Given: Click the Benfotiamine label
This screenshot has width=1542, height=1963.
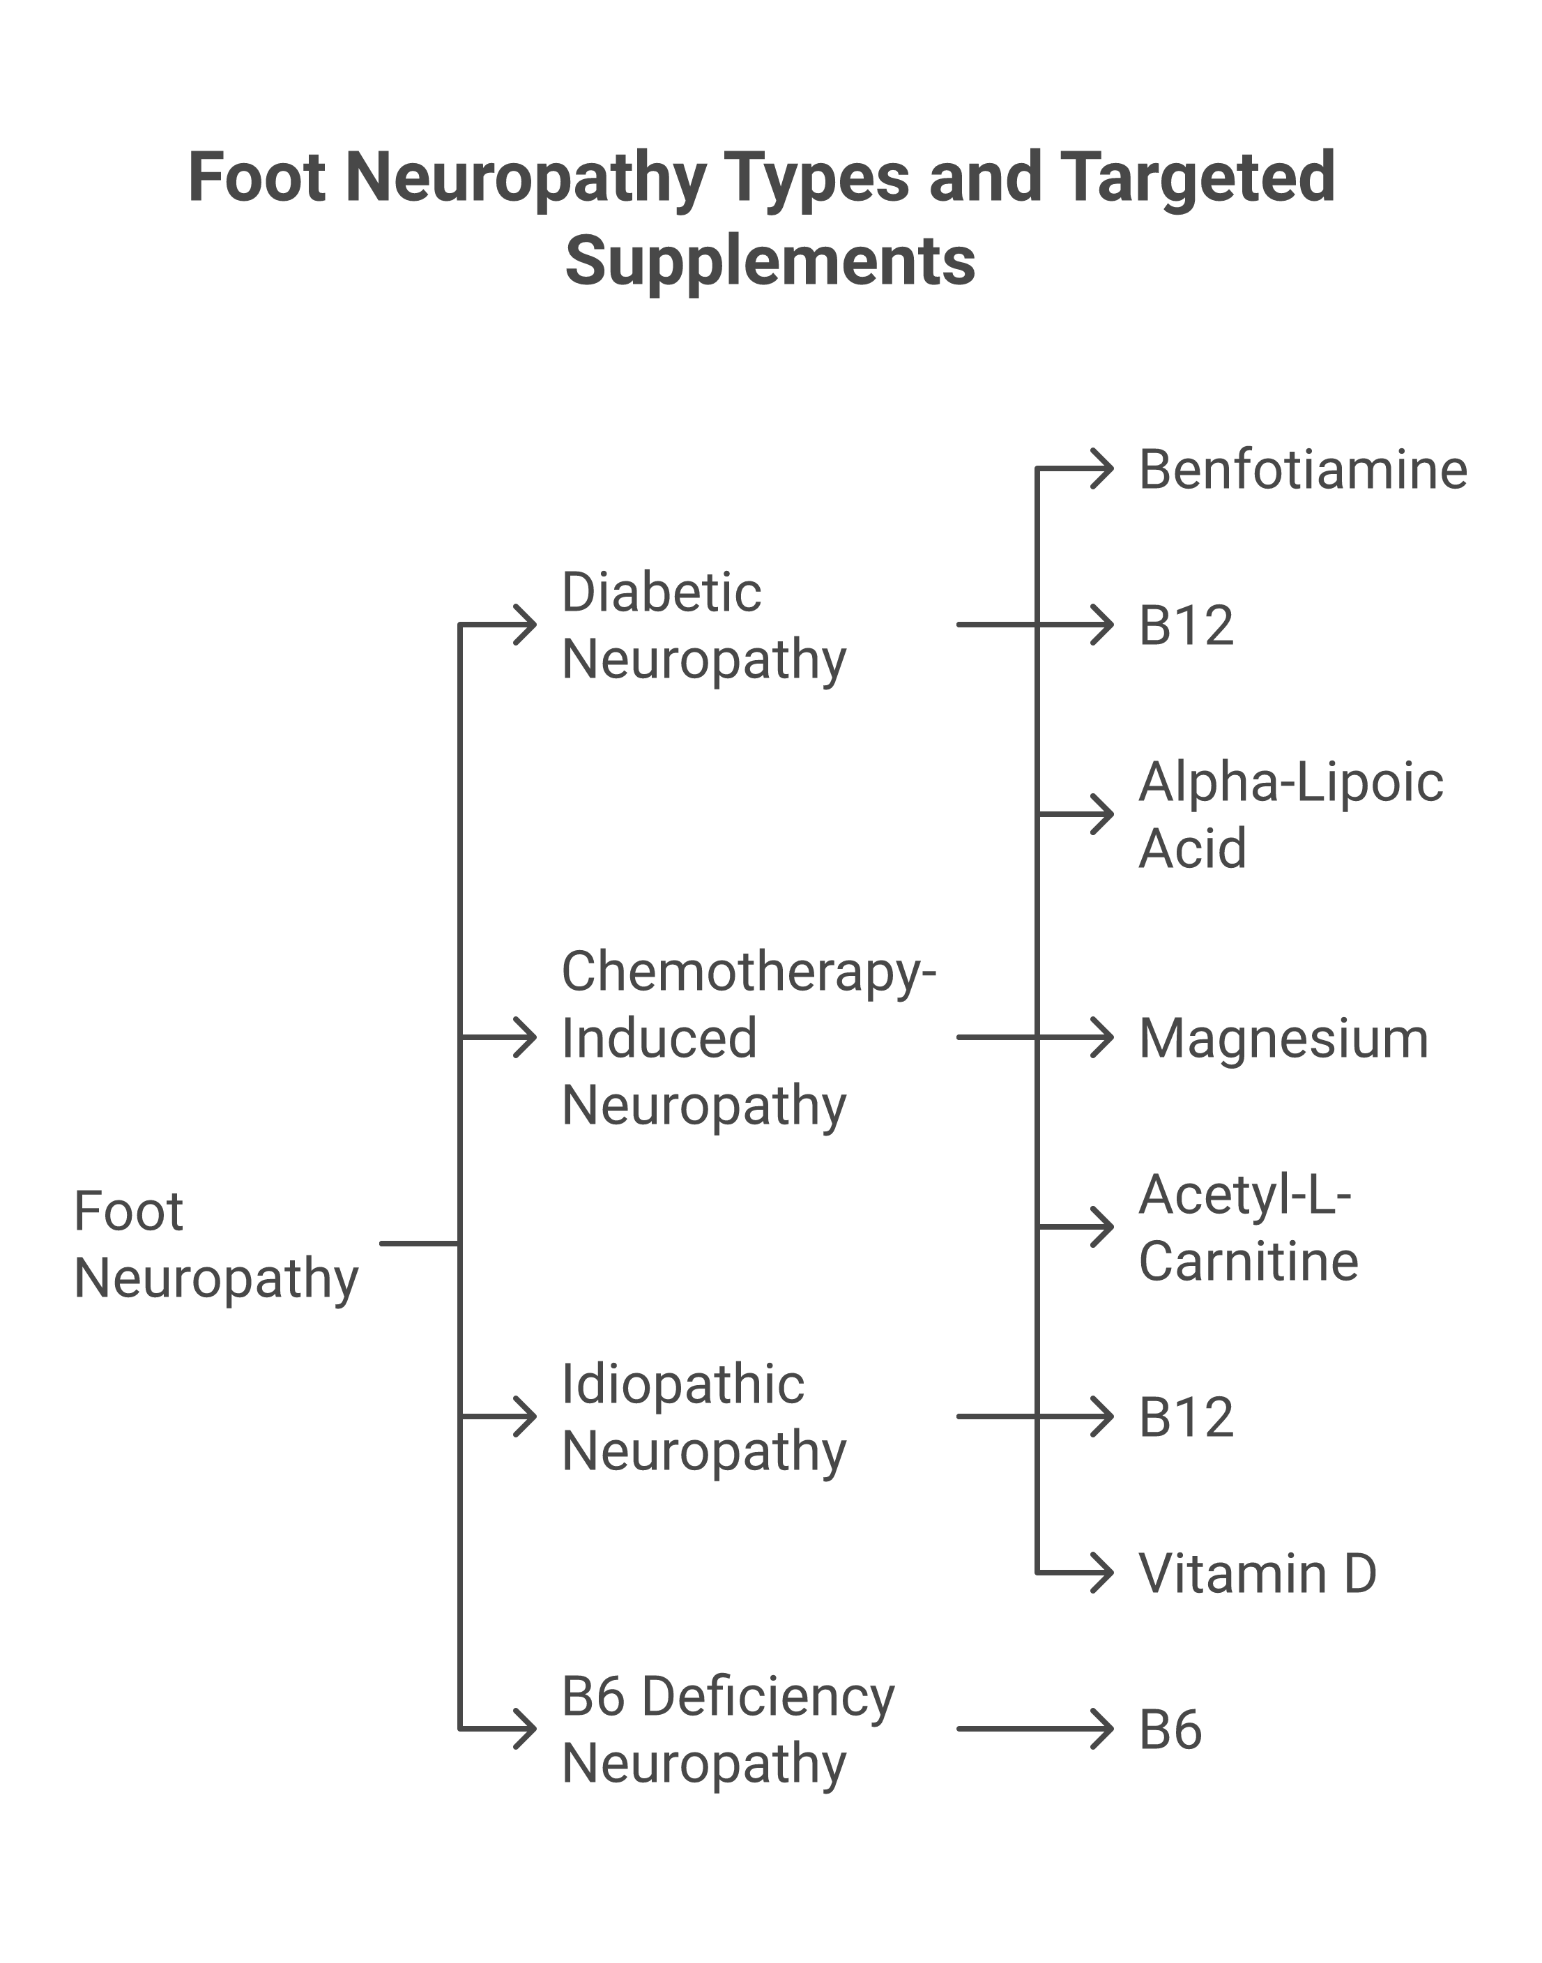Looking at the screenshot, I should (1302, 471).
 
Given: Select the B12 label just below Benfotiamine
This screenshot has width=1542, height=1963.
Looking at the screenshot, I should (1185, 625).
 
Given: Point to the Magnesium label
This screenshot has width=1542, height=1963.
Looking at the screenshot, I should (1283, 1039).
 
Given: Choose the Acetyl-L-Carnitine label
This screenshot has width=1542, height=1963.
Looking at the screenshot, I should (1248, 1228).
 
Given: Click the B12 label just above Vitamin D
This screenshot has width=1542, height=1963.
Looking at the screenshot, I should (1185, 1417).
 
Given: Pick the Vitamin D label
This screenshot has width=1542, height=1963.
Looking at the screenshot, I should (1257, 1573).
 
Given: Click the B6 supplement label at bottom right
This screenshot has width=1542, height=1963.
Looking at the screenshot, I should (1170, 1730).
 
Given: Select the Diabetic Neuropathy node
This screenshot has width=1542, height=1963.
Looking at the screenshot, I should (703, 625).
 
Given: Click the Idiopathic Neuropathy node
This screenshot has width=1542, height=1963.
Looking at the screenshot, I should (703, 1417).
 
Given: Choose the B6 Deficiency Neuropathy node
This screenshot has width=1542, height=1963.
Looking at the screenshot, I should (727, 1729).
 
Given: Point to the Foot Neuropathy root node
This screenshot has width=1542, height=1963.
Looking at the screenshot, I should (216, 1244).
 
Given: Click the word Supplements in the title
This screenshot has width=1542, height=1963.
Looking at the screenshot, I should (770, 261).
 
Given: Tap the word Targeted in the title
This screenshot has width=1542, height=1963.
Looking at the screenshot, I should (1196, 177).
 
